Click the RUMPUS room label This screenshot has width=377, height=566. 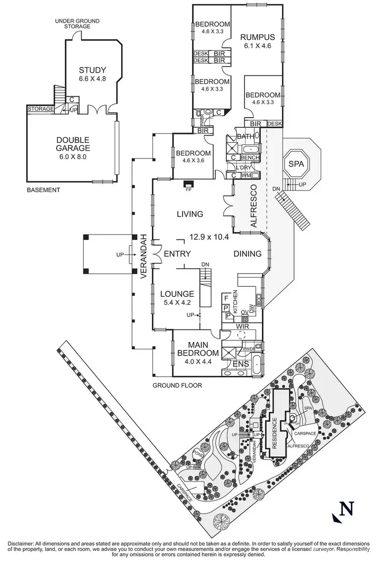[x=257, y=37]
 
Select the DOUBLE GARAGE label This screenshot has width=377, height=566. [x=73, y=144]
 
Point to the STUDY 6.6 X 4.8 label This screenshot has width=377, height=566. [x=92, y=74]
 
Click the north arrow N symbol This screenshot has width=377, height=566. [x=344, y=509]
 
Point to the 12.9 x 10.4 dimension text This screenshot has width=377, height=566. [x=210, y=236]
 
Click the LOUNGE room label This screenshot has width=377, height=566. [x=177, y=294]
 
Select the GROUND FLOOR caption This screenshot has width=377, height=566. [x=177, y=386]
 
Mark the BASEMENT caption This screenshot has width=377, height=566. [x=43, y=190]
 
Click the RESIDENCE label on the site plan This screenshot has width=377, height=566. [x=274, y=435]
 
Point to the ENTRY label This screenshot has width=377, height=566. [x=177, y=254]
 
